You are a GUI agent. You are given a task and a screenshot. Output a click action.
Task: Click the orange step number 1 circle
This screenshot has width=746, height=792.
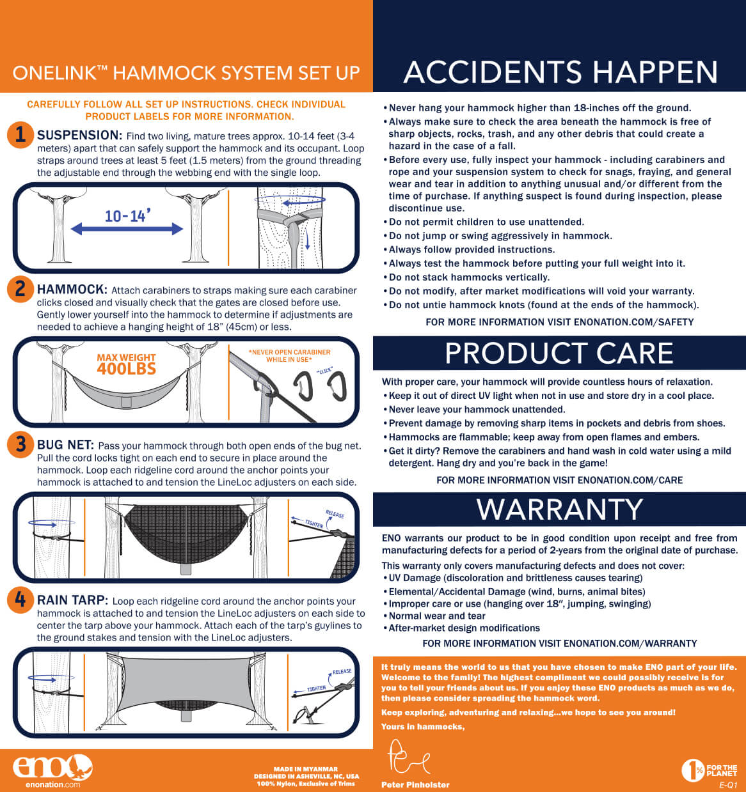(x=20, y=135)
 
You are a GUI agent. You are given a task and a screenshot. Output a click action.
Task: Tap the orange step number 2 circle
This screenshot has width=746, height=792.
(x=20, y=289)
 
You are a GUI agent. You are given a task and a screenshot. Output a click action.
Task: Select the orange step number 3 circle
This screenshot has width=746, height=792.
(x=20, y=444)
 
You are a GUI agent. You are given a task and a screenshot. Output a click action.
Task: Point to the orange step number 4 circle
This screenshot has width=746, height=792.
(x=20, y=600)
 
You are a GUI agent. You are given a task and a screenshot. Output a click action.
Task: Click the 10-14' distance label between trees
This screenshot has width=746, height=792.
(x=127, y=216)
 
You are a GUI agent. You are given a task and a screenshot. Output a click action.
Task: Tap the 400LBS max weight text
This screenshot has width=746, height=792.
(x=126, y=369)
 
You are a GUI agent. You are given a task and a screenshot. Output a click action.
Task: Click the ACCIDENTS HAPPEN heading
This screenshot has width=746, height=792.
(x=560, y=72)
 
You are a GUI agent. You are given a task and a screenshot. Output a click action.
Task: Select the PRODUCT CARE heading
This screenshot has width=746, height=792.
(x=559, y=353)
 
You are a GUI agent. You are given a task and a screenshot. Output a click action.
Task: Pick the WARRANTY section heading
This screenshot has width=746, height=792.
(x=559, y=509)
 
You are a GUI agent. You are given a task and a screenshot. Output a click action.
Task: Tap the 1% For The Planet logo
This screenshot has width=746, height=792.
(x=709, y=770)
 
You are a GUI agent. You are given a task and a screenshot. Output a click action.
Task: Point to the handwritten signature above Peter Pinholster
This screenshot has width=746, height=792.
(x=409, y=757)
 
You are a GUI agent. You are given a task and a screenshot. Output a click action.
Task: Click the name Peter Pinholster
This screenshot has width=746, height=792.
(x=415, y=784)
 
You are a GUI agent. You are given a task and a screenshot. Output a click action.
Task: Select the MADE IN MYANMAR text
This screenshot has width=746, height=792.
(x=306, y=769)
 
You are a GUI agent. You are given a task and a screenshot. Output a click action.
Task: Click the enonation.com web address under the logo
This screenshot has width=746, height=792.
(x=52, y=784)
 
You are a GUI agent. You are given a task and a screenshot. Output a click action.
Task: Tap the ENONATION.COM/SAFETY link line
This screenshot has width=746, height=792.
(x=560, y=322)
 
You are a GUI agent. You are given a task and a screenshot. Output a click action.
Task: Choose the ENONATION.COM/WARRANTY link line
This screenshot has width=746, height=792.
(x=560, y=643)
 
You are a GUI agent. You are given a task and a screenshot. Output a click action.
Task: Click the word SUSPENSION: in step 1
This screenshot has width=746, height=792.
(x=79, y=135)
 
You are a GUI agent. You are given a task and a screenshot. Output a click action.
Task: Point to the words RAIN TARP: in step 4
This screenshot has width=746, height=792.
(x=72, y=600)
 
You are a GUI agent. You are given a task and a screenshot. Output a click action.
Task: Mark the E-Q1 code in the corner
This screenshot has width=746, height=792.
(x=728, y=785)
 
